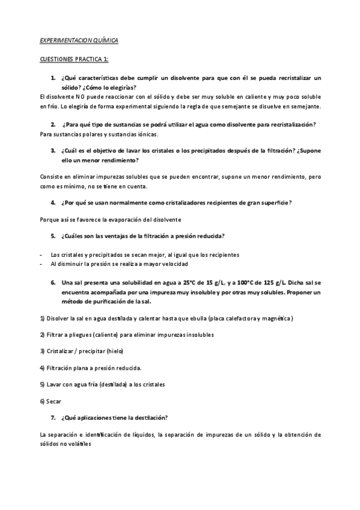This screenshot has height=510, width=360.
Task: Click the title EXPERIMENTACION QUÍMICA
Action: tap(79, 40)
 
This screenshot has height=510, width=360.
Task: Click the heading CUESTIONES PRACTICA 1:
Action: tap(74, 60)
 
